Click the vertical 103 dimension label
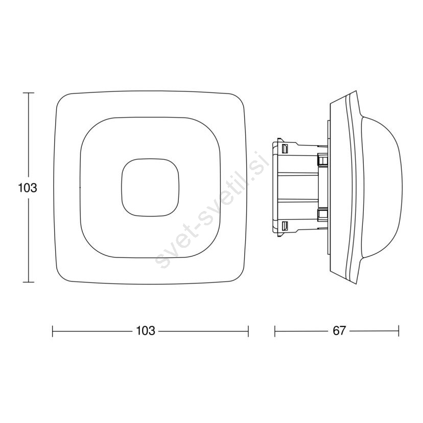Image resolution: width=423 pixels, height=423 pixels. click(27, 188)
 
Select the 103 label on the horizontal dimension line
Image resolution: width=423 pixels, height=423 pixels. click(146, 331)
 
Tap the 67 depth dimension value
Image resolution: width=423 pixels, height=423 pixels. click(339, 331)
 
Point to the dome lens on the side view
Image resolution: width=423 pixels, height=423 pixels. click(382, 186)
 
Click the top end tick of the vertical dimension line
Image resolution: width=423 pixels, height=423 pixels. click(28, 93)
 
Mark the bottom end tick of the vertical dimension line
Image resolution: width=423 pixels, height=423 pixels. click(28, 282)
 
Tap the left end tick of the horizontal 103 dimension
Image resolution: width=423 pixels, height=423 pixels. click(52, 331)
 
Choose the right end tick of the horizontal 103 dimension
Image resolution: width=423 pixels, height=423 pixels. click(248, 331)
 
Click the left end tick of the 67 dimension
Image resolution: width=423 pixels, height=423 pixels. click(275, 331)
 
